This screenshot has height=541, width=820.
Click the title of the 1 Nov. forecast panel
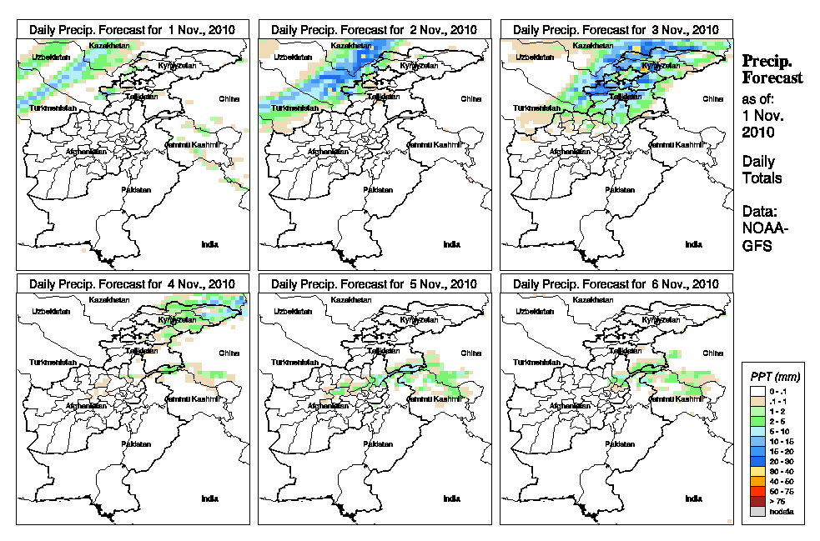pos(132,29)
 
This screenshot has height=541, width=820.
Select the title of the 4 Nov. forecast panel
pos(132,283)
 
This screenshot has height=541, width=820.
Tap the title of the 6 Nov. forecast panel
pos(616,283)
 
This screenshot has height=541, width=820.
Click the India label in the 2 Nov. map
pos(451,244)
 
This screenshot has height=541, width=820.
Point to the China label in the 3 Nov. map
pos(712,98)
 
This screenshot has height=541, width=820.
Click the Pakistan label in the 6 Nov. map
pos(620,444)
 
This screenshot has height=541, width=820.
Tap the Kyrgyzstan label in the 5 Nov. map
pos(416,319)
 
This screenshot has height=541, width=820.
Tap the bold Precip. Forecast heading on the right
pos(772,69)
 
